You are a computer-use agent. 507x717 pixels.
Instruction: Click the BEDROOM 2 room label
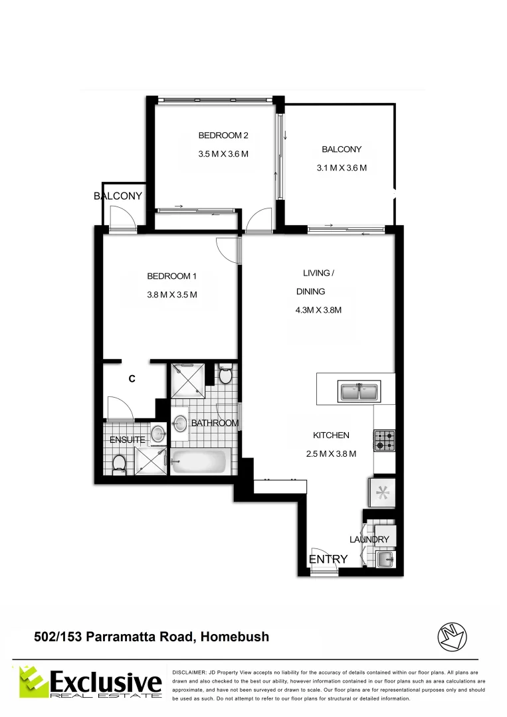223,135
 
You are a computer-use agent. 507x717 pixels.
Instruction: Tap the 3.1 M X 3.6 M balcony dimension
342,168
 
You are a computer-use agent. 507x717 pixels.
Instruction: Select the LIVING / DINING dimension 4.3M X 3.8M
318,309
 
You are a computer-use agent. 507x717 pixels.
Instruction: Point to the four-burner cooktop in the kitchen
385,439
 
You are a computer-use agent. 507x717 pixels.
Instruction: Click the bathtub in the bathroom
201,461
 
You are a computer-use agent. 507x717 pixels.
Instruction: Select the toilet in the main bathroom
225,375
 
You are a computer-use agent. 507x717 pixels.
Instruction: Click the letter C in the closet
132,378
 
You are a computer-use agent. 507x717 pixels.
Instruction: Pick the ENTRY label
328,560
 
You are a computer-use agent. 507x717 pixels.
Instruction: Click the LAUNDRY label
368,540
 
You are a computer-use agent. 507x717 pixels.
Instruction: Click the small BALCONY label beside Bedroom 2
118,196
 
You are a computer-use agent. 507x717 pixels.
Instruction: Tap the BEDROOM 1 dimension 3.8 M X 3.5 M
172,295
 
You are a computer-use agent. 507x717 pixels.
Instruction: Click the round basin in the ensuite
157,435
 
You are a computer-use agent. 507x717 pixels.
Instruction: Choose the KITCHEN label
331,436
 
